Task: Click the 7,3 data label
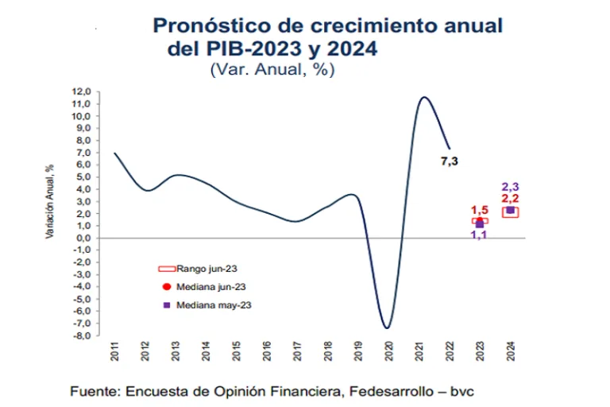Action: point(450,161)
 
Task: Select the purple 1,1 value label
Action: point(479,235)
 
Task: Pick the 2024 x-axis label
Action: point(509,351)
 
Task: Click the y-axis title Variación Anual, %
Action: point(49,202)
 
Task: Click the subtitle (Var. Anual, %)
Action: point(272,69)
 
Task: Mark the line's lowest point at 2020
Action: point(387,328)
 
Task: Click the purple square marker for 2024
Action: point(509,211)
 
